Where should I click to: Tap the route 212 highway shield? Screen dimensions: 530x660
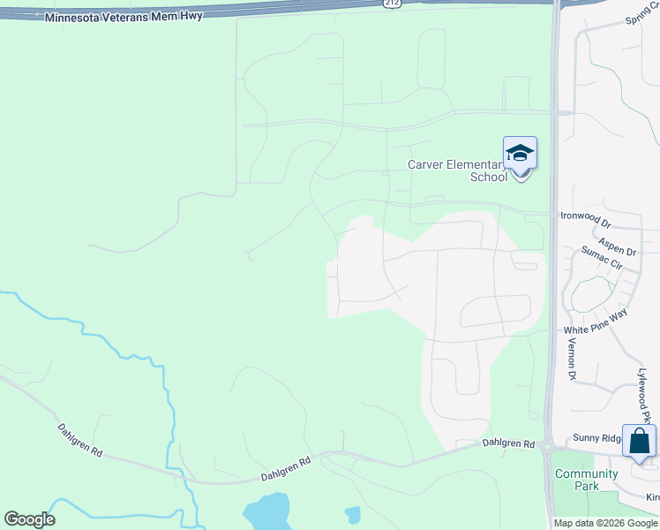391,4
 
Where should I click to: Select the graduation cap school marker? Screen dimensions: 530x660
520,154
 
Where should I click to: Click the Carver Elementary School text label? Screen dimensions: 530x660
457,170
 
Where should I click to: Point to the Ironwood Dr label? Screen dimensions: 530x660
585,216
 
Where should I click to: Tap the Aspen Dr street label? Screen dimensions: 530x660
617,245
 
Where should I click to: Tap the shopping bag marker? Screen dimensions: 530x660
639,440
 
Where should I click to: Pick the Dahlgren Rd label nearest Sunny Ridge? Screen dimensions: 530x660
509,443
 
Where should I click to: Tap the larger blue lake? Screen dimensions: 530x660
266,511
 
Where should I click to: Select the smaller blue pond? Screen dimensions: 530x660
353,513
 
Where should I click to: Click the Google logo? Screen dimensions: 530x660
29,519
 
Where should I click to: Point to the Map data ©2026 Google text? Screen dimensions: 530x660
605,523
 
